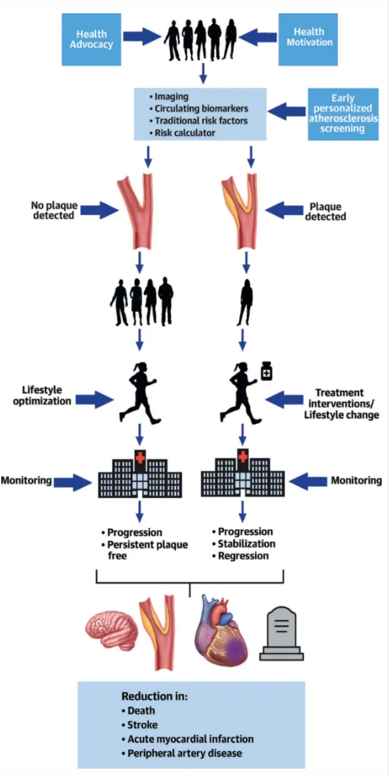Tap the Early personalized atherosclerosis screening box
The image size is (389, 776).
point(343,114)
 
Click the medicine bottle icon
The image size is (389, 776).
point(267,370)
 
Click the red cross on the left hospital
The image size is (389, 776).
point(140,457)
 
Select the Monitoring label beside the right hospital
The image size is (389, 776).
point(356,480)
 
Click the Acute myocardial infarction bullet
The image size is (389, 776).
point(187,739)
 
